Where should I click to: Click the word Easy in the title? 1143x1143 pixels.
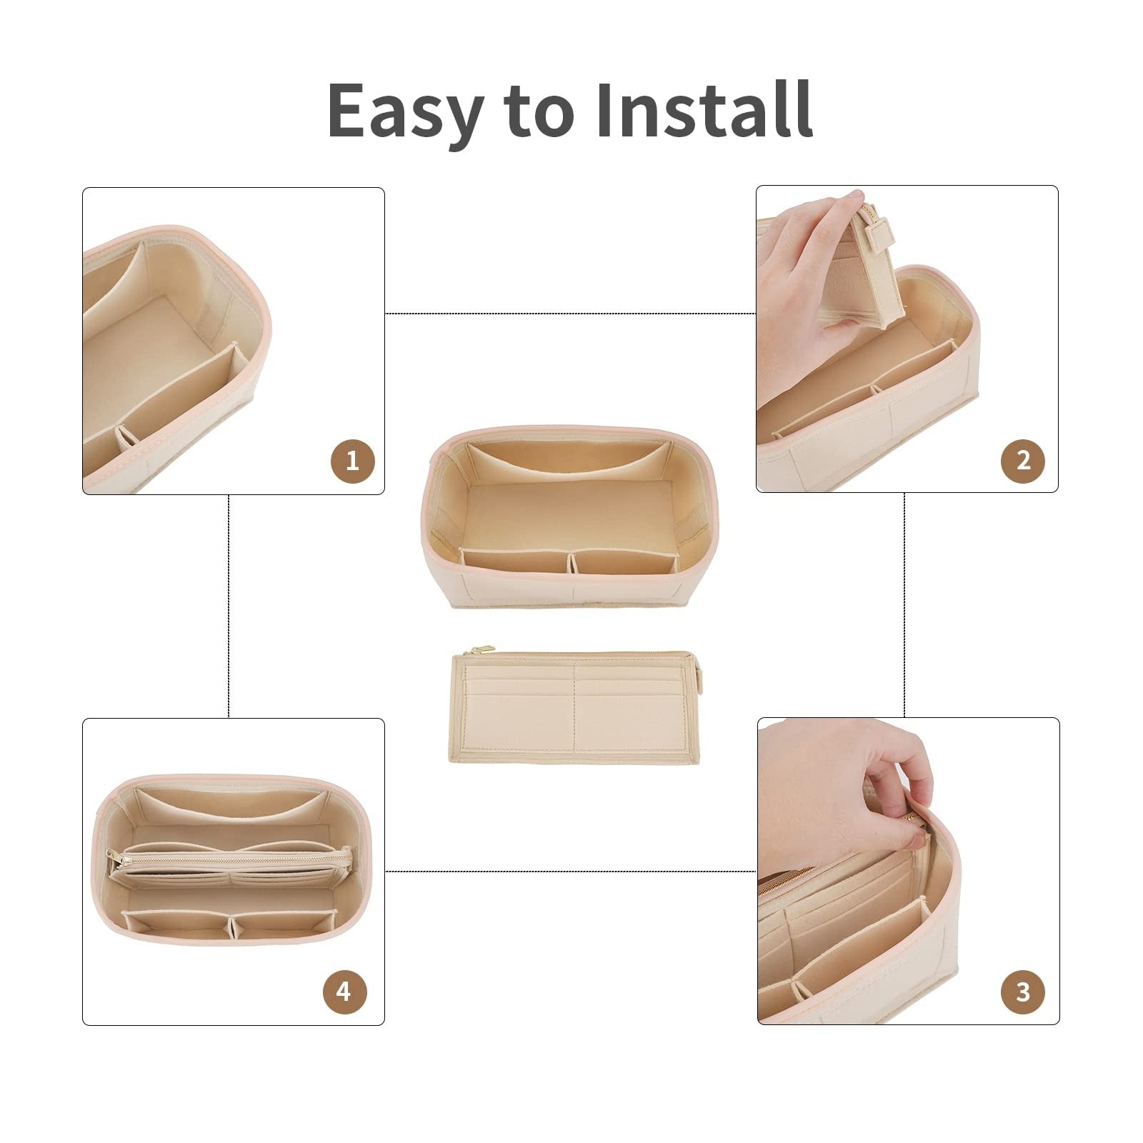pos(403,111)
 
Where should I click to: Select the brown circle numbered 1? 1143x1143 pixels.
pos(351,461)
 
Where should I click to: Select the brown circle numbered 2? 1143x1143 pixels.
pos(1024,459)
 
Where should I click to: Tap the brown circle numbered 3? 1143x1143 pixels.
pos(1024,992)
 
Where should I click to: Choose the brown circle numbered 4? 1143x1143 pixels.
pos(344,992)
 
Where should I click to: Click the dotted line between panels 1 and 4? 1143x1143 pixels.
pos(228,606)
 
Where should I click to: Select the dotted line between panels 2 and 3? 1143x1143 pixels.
pos(904,605)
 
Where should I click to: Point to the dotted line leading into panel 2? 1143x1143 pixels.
pos(571,314)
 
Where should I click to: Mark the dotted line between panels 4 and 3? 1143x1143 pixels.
pos(571,872)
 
